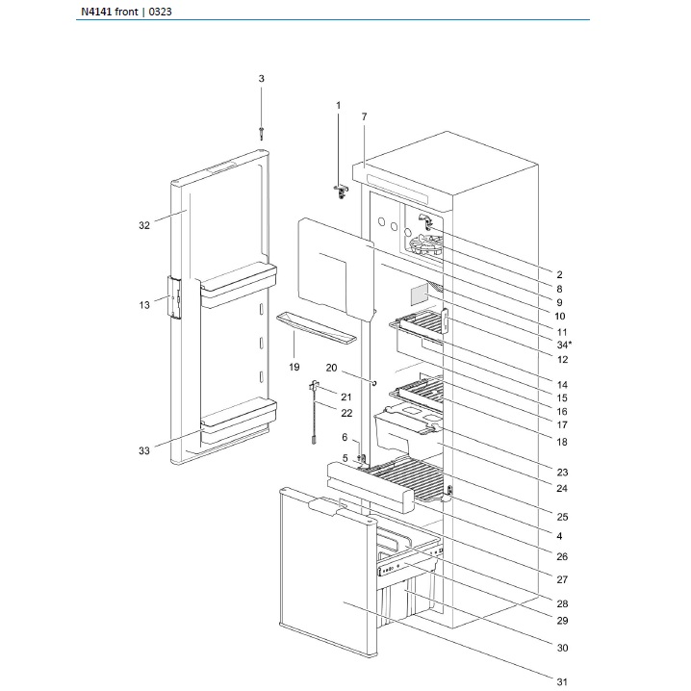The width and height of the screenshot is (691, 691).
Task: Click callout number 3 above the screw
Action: (x=260, y=78)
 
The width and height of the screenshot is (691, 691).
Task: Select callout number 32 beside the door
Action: (x=143, y=225)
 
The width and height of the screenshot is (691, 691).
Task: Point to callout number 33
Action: (x=143, y=450)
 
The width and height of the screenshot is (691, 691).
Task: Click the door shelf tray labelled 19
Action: (x=316, y=328)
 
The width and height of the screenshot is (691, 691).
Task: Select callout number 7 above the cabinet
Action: (x=365, y=116)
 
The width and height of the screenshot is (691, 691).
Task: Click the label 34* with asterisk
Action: (x=563, y=344)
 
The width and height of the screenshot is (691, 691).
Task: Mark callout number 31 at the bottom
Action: (x=563, y=682)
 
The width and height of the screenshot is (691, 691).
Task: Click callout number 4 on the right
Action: (x=560, y=535)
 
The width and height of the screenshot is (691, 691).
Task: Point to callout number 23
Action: (x=562, y=472)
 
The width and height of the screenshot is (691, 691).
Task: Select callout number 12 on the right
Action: (x=562, y=359)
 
